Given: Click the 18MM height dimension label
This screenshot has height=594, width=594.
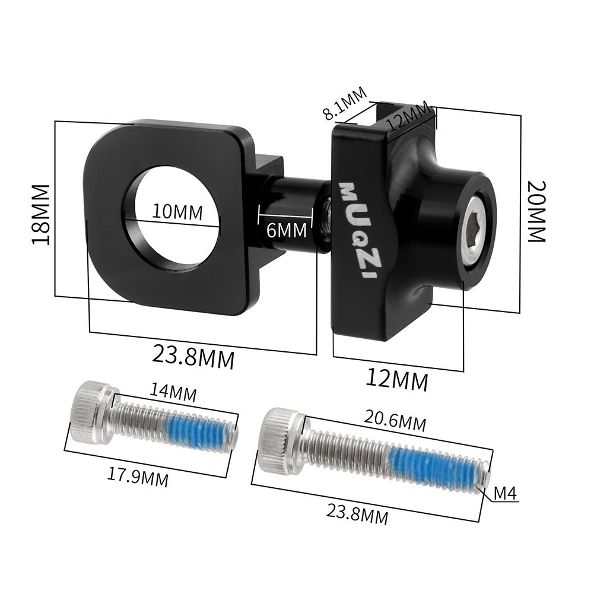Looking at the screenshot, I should coord(41,213).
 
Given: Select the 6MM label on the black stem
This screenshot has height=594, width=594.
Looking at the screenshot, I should coord(287,229).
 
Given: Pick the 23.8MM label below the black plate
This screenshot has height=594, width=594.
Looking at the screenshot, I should coord(193,357).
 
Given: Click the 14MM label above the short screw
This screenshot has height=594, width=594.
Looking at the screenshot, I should coord(173,392).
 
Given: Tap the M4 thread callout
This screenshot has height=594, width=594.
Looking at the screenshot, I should coord(506,493).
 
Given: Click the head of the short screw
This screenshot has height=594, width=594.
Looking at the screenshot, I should coord(90,412).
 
